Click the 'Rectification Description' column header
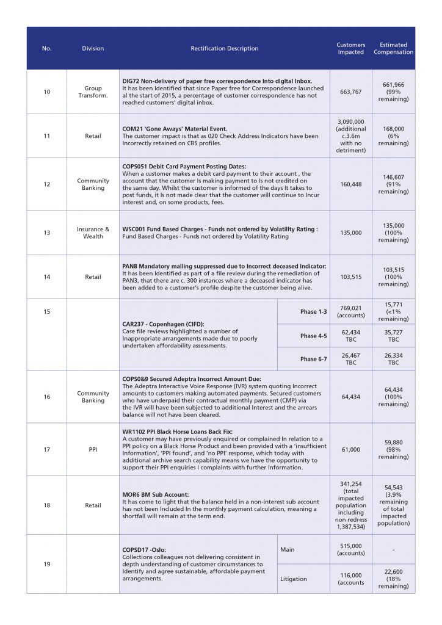click(224, 48)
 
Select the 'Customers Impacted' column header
click(351, 48)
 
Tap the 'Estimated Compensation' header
click(393, 48)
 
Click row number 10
click(47, 92)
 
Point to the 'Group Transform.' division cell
click(93, 92)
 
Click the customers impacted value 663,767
click(351, 92)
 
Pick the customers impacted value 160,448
click(351, 184)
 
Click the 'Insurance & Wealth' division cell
click(93, 233)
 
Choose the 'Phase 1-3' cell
click(313, 312)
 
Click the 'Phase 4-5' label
click(313, 336)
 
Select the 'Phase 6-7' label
click(313, 359)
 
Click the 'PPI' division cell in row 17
click(93, 450)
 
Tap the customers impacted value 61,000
click(351, 450)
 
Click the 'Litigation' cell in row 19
click(293, 579)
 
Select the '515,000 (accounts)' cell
click(351, 549)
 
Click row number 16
click(47, 397)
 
